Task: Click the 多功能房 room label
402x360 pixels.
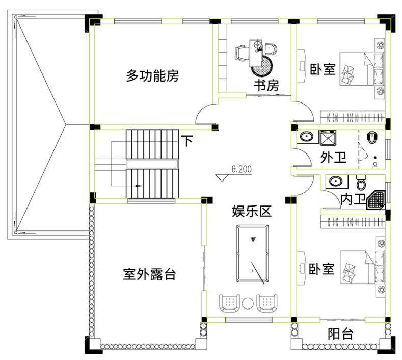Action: pyautogui.click(x=152, y=75)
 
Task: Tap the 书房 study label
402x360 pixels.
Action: pyautogui.click(x=266, y=86)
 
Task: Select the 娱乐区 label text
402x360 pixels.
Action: pyautogui.click(x=252, y=212)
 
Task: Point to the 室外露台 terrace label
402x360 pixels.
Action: pyautogui.click(x=149, y=274)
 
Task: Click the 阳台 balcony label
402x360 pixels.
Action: pyautogui.click(x=340, y=333)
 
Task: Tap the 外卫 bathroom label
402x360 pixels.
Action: pyautogui.click(x=333, y=157)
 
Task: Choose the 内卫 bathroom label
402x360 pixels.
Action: pyautogui.click(x=353, y=199)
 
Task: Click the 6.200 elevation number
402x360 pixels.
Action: pyautogui.click(x=242, y=169)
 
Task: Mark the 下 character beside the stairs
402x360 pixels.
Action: pyautogui.click(x=187, y=141)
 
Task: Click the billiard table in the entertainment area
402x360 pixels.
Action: pyautogui.click(x=253, y=253)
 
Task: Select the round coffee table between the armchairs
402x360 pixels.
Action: pyautogui.click(x=248, y=303)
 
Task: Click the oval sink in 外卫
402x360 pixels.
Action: pyautogui.click(x=306, y=136)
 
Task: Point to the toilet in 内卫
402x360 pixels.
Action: pyautogui.click(x=361, y=183)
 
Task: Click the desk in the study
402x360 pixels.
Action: pyautogui.click(x=256, y=53)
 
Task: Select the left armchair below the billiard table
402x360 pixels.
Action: pyautogui.click(x=229, y=303)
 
